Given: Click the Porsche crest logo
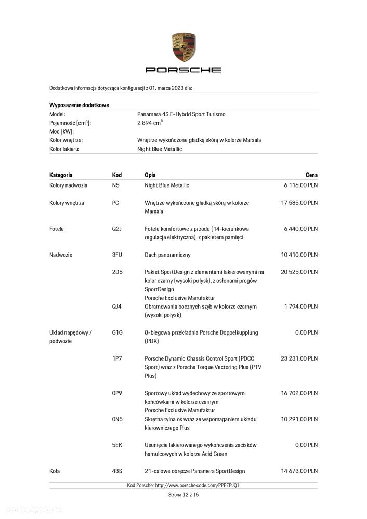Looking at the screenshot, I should click(183, 47).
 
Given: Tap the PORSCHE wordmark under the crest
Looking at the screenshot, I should click(183, 70).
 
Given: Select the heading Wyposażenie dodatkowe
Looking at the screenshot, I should click(79, 104).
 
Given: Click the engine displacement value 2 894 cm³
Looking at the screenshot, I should click(150, 123).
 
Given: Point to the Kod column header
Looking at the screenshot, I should click(117, 175).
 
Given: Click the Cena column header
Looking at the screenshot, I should click(311, 175).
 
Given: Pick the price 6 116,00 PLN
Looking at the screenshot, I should click(300, 185).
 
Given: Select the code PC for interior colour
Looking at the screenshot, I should click(115, 203).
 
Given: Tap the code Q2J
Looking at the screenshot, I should click(117, 229).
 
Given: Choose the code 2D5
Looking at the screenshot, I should click(117, 272).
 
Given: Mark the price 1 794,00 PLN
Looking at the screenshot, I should click(300, 307).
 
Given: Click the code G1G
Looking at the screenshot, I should click(117, 332).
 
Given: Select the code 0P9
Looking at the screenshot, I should click(117, 393).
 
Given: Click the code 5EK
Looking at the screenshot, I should click(117, 445).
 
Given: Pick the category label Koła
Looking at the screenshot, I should click(55, 471).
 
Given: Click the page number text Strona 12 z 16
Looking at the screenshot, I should click(183, 495).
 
